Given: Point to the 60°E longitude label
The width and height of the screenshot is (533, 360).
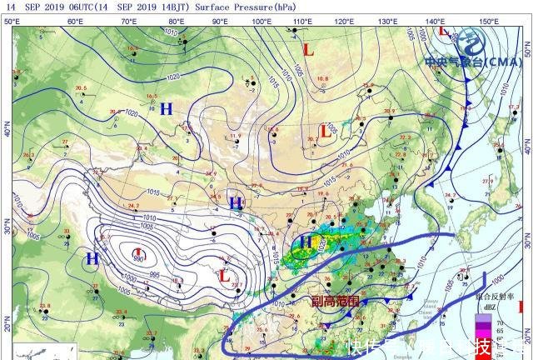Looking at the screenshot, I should pos(75,20).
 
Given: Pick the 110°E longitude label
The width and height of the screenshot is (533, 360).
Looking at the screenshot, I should pos(304,20).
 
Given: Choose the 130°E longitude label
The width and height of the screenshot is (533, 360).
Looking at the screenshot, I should pos(386,20).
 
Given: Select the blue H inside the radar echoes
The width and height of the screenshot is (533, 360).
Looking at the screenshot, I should pos(306,242).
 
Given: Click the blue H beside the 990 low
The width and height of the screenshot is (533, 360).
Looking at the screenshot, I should pos(92,259).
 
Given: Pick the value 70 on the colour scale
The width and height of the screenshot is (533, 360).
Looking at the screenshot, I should pos(501,321).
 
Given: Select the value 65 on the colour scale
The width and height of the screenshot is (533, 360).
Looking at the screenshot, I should pos(501,331).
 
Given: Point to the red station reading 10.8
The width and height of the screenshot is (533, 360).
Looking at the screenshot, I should pos(322,78).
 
